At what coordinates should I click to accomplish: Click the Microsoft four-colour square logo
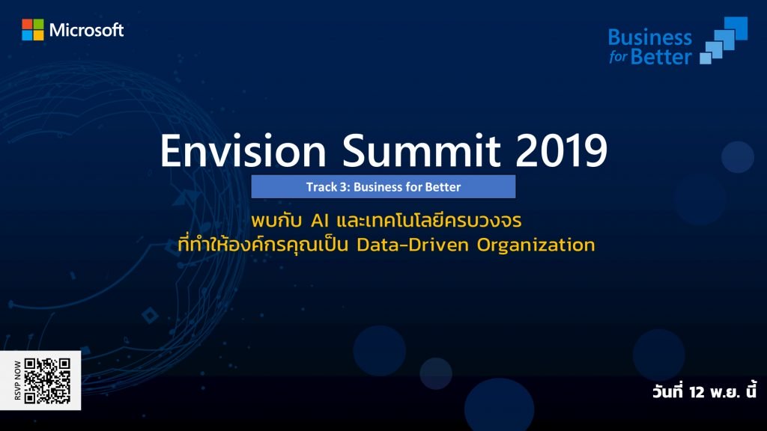point(33,30)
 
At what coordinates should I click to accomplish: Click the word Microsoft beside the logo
point(87,30)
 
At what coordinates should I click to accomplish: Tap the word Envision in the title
point(243,150)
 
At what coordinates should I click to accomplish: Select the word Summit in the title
point(421,150)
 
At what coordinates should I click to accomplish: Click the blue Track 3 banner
point(383,186)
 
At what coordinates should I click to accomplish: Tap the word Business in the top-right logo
point(649,37)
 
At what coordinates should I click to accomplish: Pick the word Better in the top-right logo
point(661,57)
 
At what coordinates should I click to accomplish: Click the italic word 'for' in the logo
point(618,57)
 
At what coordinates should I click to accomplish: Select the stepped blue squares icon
point(724,40)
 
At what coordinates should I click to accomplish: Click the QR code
point(47,381)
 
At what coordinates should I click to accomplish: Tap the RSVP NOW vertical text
point(18,381)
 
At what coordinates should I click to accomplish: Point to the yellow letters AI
point(319,221)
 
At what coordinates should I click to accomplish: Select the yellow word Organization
point(536,245)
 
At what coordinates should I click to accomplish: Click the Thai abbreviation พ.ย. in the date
point(726,392)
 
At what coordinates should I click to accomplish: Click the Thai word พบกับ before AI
point(276,221)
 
